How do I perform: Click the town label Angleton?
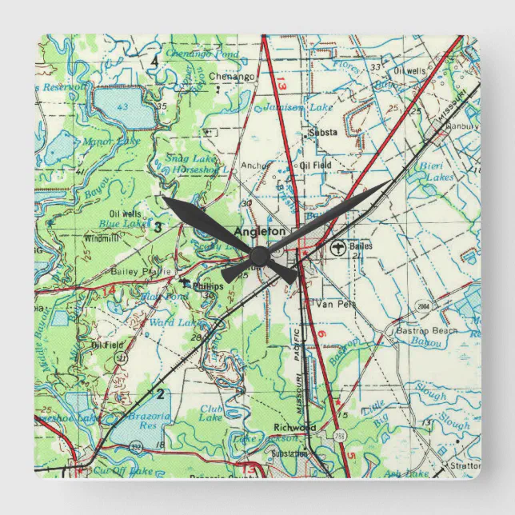coord(259,231)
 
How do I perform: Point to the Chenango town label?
coord(231,77)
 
